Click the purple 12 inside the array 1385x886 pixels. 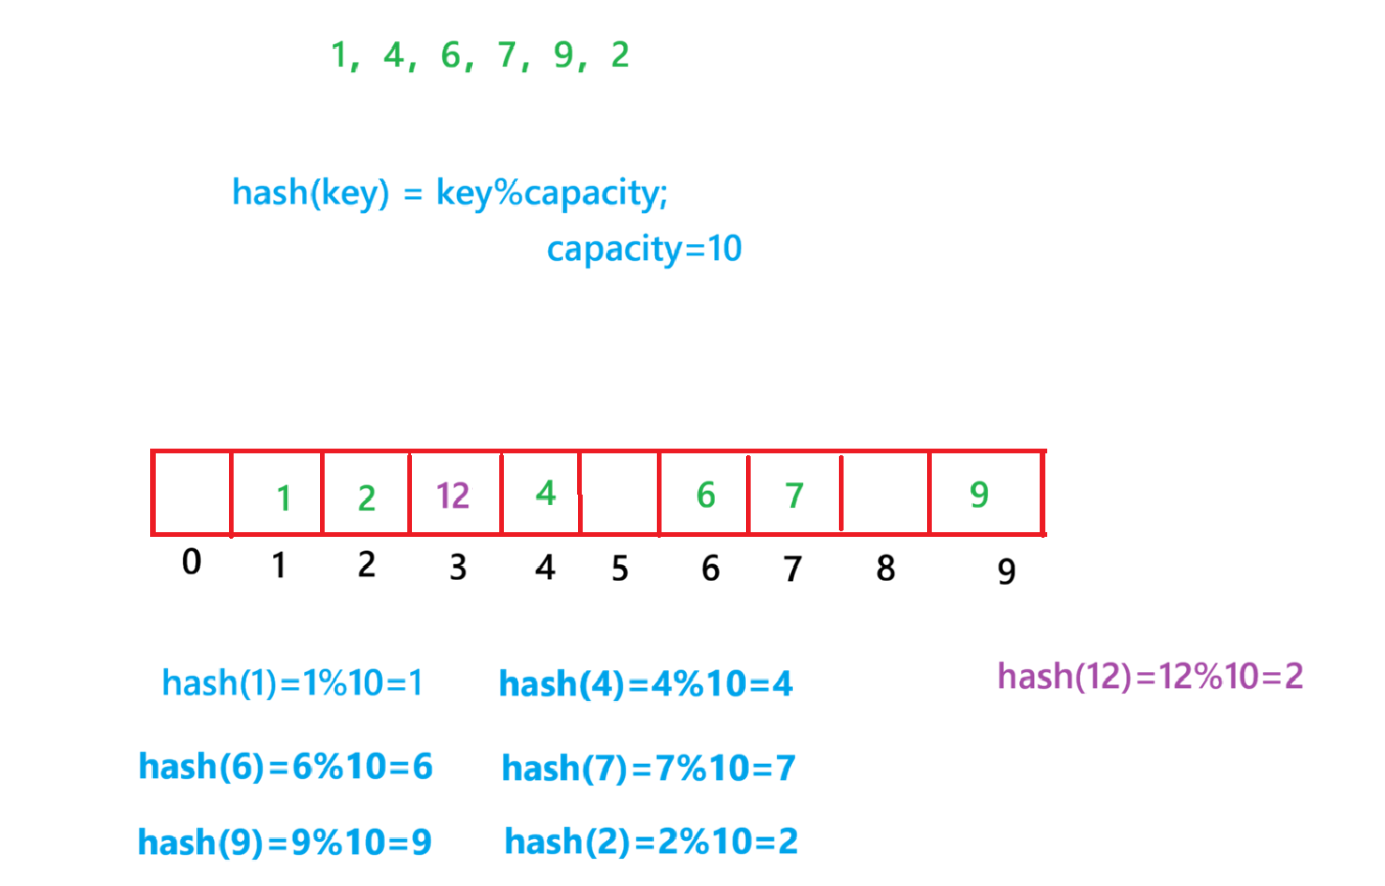(x=452, y=495)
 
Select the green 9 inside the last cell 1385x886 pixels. (x=979, y=494)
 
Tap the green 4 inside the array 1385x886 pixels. (x=545, y=493)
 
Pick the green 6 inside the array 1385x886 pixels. (x=706, y=495)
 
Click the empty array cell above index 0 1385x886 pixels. (x=191, y=494)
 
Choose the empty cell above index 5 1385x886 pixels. (x=619, y=494)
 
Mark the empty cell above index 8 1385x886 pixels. (x=885, y=494)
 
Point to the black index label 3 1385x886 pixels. (x=458, y=567)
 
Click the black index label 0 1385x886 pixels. (x=191, y=561)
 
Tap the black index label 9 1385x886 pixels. (x=1006, y=571)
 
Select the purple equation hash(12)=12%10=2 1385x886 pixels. (x=1149, y=676)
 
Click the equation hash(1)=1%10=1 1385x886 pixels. (x=292, y=683)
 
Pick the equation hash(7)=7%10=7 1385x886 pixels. (x=648, y=769)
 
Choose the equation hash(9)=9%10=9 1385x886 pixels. (x=284, y=843)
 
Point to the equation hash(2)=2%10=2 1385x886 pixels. (x=651, y=842)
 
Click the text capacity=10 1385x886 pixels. (x=644, y=249)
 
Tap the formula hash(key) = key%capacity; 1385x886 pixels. (x=449, y=193)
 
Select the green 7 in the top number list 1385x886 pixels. (x=508, y=55)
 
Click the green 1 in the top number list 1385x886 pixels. (x=340, y=55)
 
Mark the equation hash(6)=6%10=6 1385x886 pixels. (x=285, y=767)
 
